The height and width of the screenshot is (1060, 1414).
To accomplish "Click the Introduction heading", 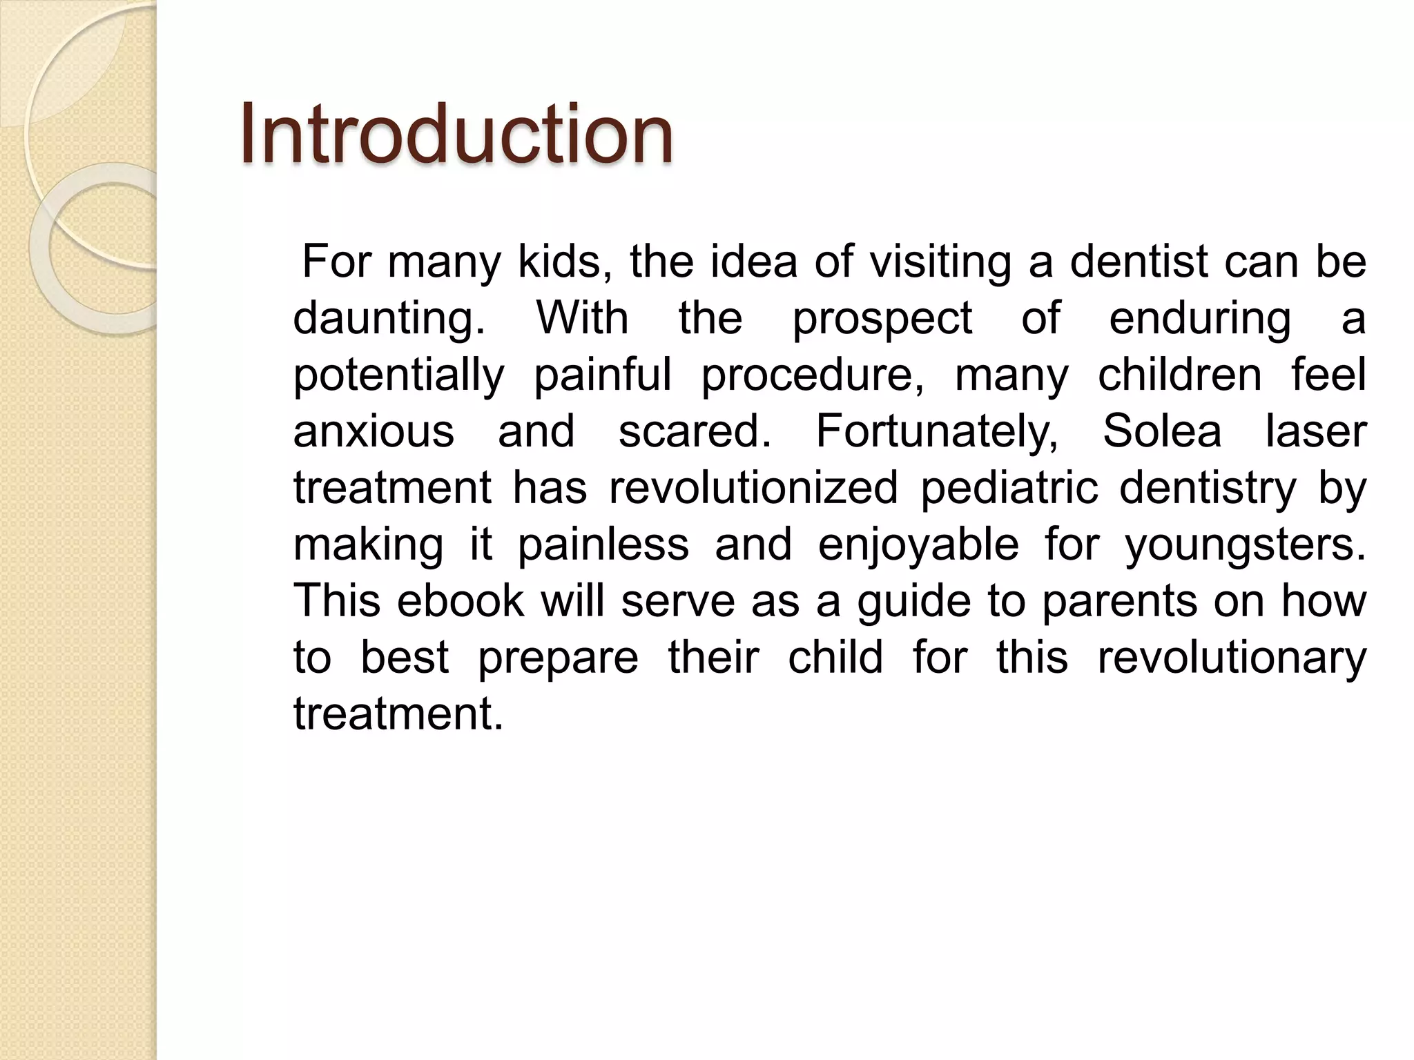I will [x=456, y=134].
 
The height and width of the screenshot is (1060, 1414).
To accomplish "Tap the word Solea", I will [x=1162, y=432].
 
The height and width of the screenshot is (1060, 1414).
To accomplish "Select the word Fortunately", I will [x=937, y=432].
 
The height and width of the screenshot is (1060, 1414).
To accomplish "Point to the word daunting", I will [x=389, y=319].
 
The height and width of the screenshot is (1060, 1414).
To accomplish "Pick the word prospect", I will [x=882, y=319].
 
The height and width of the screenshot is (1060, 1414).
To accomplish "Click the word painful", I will [x=603, y=375].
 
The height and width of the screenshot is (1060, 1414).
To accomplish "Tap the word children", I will [x=1179, y=375].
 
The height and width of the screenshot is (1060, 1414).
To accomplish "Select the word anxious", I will [x=374, y=432].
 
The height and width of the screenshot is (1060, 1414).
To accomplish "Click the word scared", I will [x=694, y=432].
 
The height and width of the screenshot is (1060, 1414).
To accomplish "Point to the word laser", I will [x=1315, y=432].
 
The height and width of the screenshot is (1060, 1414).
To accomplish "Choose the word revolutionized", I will [x=753, y=489].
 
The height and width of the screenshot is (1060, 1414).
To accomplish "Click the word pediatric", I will [x=1009, y=489].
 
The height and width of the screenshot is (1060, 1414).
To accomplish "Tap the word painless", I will [x=603, y=545].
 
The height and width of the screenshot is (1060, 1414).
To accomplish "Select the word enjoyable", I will [x=918, y=545].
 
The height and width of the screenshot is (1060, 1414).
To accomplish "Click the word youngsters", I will [x=1245, y=545].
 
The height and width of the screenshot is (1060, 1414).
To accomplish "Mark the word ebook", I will [x=461, y=600].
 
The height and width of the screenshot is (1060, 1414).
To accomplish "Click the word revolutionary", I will [x=1232, y=657].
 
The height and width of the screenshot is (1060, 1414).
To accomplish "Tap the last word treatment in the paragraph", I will [x=398, y=714].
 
